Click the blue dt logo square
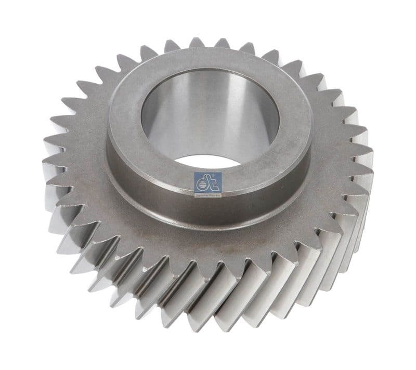coord(207,182)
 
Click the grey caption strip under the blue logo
coord(207,194)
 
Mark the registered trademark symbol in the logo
coord(219,176)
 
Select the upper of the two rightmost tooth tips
coord(373,151)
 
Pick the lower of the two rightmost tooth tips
coord(373,172)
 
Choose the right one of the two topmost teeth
coord(222,41)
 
